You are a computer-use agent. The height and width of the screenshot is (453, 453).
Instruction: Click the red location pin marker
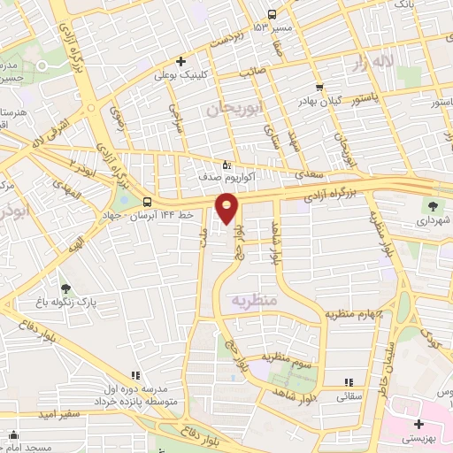228,209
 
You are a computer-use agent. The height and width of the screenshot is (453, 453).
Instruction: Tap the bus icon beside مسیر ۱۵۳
272,14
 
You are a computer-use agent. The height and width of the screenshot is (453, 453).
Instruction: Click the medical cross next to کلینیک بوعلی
180,62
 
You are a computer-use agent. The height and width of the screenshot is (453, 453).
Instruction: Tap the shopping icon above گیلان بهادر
319,88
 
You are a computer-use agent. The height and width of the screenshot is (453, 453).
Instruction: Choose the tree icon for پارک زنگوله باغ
65,288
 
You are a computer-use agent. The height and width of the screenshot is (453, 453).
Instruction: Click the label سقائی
348,398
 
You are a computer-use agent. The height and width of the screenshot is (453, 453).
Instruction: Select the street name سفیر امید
59,414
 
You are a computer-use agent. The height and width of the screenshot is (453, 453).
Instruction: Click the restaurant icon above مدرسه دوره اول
135,376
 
